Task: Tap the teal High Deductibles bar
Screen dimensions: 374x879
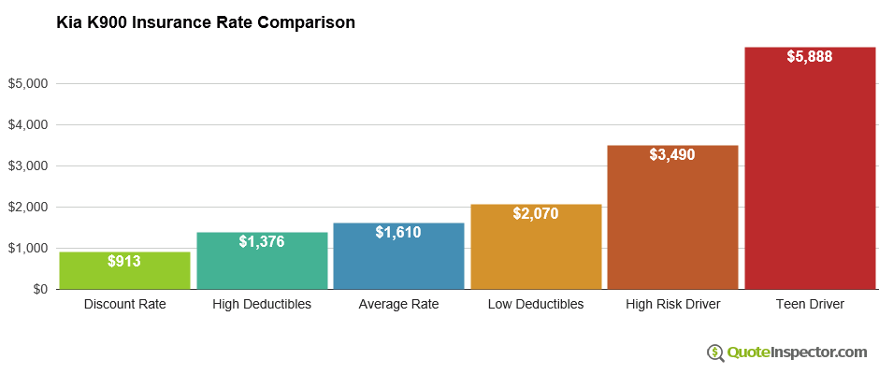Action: tap(262, 266)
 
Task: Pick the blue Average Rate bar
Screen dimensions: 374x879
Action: tap(398, 262)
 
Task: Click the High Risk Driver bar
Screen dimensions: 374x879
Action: tap(672, 224)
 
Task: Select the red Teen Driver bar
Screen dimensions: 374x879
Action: tap(810, 178)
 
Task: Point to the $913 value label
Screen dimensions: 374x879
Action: tap(124, 261)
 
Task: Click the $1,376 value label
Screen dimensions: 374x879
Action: tap(262, 241)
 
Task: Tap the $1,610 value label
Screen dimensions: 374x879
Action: tap(398, 232)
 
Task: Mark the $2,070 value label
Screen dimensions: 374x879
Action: tap(536, 213)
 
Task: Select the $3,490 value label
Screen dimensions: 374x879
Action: tap(672, 154)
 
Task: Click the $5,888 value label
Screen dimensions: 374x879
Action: tap(810, 56)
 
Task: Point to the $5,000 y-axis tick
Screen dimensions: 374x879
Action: tap(28, 84)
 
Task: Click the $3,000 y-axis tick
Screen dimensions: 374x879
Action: tap(28, 166)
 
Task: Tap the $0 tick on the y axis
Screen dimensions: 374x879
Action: tap(38, 290)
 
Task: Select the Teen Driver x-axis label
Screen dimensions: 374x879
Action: tap(810, 305)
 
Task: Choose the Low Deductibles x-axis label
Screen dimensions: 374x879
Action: tap(536, 305)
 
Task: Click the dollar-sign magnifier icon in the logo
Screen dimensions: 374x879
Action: tap(716, 352)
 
